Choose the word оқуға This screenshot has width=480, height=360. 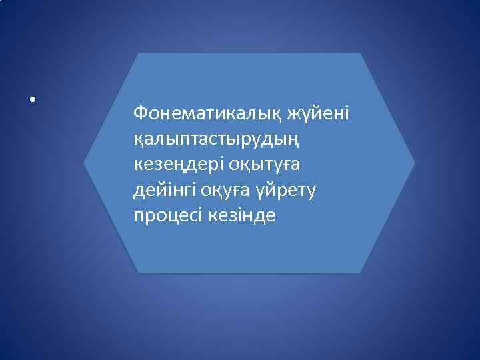pos(233,191)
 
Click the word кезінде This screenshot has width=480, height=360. pos(243,217)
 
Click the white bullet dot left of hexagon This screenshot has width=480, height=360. pos(31,101)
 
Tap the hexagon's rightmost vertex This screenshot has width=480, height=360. pos(415,163)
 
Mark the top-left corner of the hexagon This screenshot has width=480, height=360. pos(138,53)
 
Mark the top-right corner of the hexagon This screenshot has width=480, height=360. pos(361,53)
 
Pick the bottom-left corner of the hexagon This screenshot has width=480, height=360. pos(138,273)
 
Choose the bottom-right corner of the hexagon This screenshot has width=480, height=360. pos(361,273)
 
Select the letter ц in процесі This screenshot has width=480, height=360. pos(175,217)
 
